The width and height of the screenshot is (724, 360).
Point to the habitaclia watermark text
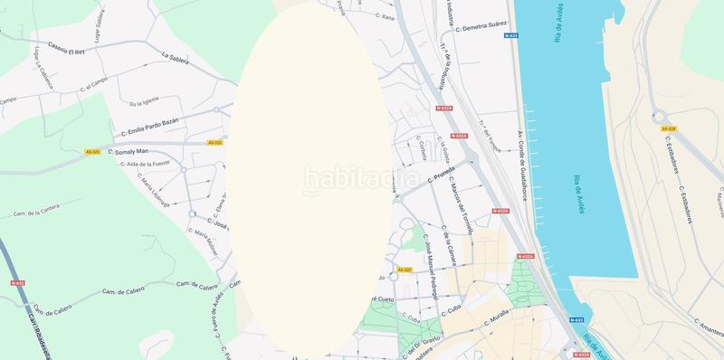tap(361, 179)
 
